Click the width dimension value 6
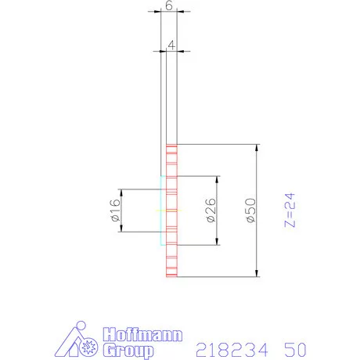coord(170,5)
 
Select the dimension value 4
coord(170,44)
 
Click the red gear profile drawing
coord(171,211)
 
